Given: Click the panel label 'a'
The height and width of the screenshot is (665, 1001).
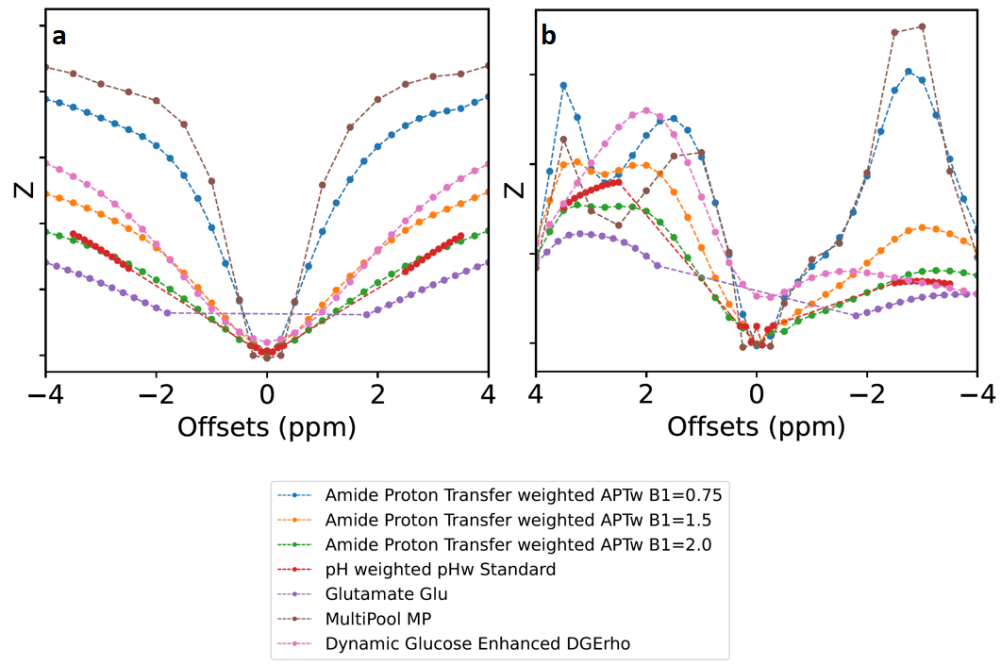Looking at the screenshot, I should (x=58, y=37).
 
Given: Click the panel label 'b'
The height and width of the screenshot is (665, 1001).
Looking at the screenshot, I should (x=548, y=37).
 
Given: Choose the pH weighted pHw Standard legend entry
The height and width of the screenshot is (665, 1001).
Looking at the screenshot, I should (x=440, y=569).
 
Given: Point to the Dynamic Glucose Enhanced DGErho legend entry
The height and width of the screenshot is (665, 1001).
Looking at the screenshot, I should (x=477, y=643).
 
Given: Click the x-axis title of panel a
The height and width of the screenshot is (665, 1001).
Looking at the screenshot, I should (x=266, y=426).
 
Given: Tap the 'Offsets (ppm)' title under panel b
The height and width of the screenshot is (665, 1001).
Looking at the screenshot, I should (x=756, y=426).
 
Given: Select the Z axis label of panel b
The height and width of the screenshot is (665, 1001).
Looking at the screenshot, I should (x=515, y=190).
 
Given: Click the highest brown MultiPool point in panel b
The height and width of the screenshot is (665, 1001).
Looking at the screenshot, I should (x=922, y=26).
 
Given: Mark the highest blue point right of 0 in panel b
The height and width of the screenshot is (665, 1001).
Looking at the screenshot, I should (x=908, y=71).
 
